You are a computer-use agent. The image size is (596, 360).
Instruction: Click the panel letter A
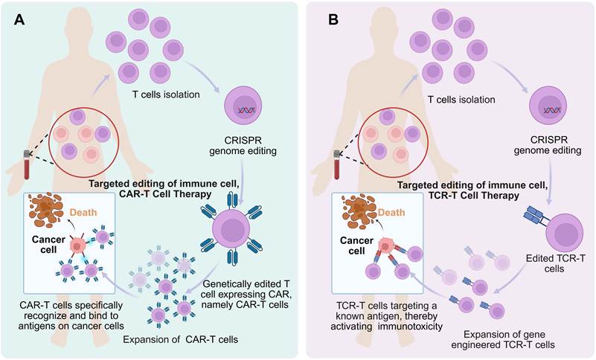(x=19, y=19)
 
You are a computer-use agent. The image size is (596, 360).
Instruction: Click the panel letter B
(x=333, y=19)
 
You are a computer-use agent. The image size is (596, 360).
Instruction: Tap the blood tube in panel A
(x=27, y=164)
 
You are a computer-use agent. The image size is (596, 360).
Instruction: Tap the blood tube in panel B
(x=337, y=164)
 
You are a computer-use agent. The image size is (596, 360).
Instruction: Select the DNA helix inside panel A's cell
(x=247, y=111)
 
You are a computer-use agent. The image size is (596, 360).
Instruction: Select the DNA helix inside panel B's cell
(x=552, y=111)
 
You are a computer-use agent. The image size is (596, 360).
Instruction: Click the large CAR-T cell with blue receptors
(x=231, y=229)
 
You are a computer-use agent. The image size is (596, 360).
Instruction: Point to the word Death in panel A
(x=83, y=212)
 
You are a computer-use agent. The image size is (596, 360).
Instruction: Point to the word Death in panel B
(x=391, y=212)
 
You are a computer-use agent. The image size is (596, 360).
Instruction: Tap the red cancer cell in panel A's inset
(x=77, y=247)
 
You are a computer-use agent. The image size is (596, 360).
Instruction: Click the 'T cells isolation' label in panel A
(x=166, y=94)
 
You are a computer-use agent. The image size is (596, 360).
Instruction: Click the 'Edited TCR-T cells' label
(x=554, y=263)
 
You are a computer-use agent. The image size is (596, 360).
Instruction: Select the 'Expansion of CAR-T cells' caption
(x=181, y=339)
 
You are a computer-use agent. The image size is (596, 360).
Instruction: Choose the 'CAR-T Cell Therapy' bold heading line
(x=165, y=194)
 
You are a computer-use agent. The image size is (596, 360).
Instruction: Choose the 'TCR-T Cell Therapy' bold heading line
(x=472, y=196)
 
